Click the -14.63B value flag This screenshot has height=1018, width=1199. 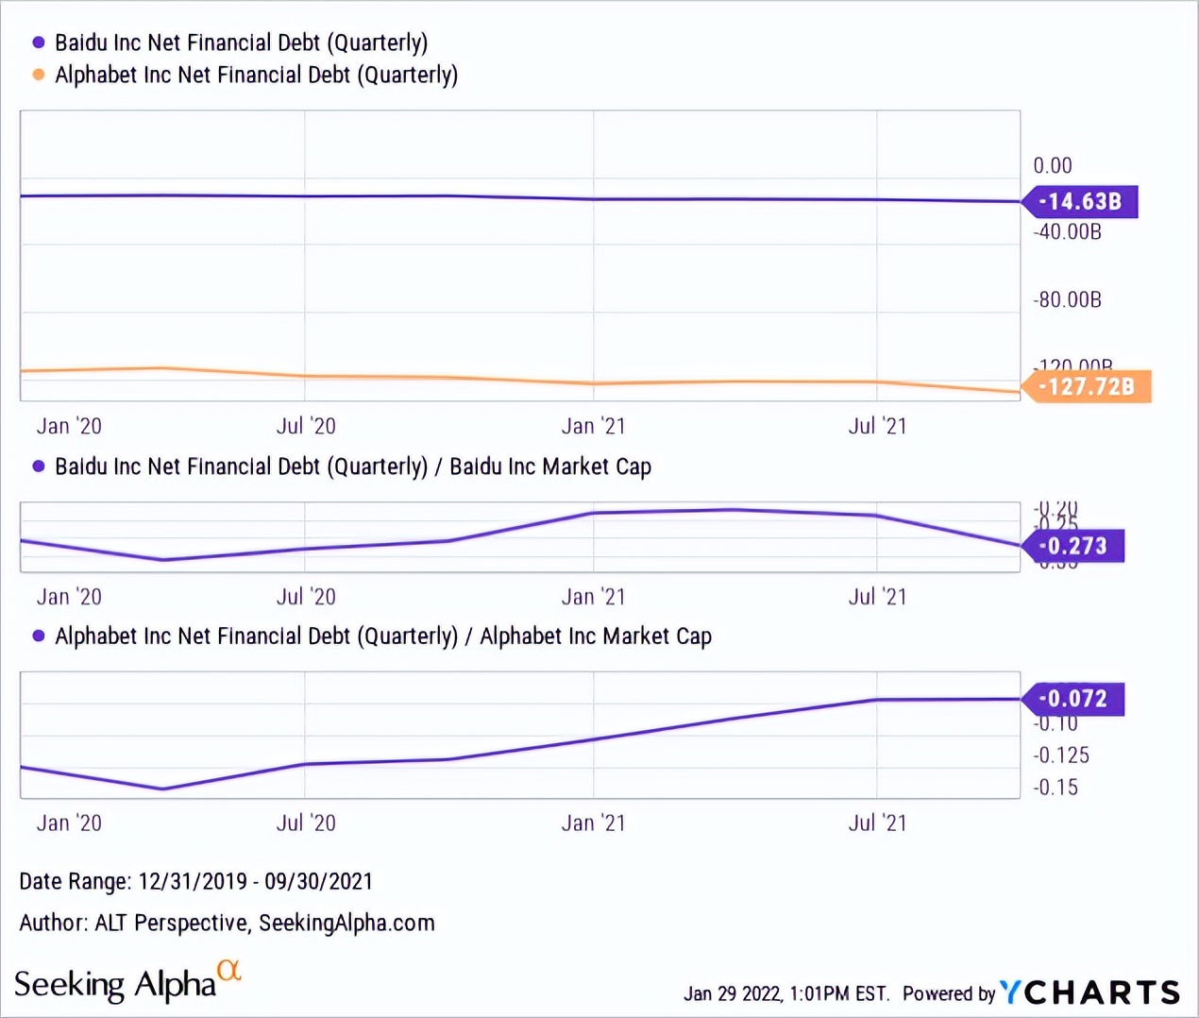tap(1080, 201)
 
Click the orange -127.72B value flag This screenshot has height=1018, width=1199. tap(1087, 386)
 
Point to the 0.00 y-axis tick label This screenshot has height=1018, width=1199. tap(1052, 166)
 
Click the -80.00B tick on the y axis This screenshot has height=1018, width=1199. tap(1067, 300)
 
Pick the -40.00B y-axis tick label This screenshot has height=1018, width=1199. tap(1067, 232)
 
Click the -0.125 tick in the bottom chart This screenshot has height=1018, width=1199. tap(1060, 755)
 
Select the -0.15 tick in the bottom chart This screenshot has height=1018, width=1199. tap(1055, 788)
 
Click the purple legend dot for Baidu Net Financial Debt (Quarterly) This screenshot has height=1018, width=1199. tap(39, 42)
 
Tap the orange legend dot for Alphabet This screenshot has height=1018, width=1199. tap(39, 75)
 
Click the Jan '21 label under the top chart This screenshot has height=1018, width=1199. tap(593, 427)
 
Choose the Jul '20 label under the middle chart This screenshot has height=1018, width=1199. tap(306, 597)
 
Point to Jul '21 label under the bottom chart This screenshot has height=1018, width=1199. tap(877, 823)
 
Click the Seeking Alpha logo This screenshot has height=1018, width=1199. tap(127, 984)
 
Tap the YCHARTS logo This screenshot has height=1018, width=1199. tap(1090, 993)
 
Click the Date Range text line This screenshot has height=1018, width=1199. tap(195, 882)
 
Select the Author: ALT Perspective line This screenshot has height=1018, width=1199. tap(227, 924)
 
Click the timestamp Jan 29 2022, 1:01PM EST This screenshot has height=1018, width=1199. tap(785, 993)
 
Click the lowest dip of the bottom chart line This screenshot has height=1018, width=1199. tap(163, 789)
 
